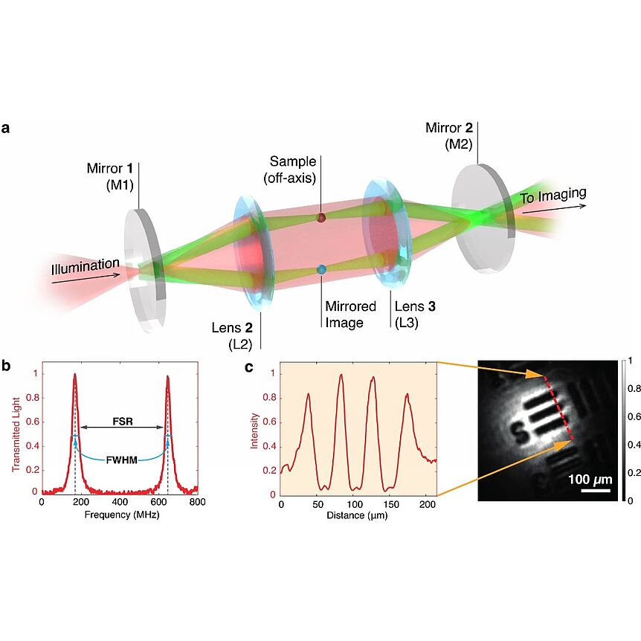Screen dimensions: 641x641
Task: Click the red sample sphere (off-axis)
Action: click(321, 217)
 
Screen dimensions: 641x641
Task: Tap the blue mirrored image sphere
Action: click(322, 270)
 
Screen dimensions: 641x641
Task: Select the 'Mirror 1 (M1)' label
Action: click(110, 176)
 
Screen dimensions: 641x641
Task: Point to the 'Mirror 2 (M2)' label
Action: click(449, 136)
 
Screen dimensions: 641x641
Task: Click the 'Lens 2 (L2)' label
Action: click(232, 336)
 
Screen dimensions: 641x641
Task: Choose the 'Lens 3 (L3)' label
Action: click(415, 315)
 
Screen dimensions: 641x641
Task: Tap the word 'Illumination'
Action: click(86, 266)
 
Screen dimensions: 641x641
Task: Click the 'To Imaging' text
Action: click(553, 195)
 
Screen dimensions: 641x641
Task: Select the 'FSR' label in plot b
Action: click(123, 421)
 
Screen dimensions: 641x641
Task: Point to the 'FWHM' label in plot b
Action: click(121, 460)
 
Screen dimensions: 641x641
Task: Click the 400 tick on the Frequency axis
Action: click(120, 502)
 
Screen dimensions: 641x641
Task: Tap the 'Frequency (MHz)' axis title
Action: click(122, 515)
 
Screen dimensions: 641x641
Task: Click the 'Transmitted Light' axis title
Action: click(16, 434)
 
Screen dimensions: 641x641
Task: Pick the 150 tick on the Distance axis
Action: click(391, 504)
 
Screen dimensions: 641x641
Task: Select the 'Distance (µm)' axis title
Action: click(357, 515)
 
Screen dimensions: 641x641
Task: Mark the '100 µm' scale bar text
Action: click(590, 479)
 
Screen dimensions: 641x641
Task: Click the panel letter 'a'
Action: click(5, 129)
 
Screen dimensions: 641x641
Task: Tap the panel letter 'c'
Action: click(248, 367)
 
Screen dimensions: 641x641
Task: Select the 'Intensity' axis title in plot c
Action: click(254, 431)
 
